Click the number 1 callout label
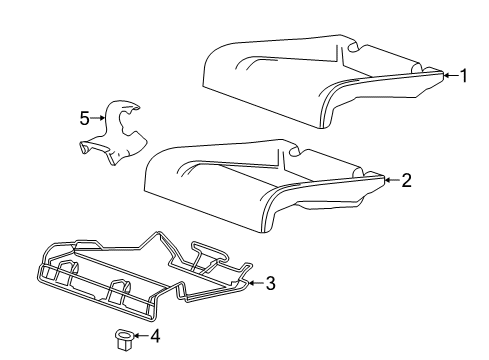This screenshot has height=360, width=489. pyautogui.click(x=463, y=75)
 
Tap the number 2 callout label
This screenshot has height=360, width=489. pyautogui.click(x=406, y=181)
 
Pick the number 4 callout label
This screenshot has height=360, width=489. pyautogui.click(x=154, y=336)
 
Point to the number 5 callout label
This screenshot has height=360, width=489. pyautogui.click(x=85, y=118)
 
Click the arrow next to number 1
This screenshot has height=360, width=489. pyautogui.click(x=448, y=75)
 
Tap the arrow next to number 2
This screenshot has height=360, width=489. pyautogui.click(x=391, y=181)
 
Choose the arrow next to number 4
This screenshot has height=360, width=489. pyautogui.click(x=139, y=336)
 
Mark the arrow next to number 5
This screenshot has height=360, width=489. pyautogui.click(x=99, y=118)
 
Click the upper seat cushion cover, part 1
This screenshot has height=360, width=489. pyautogui.click(x=300, y=80)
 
